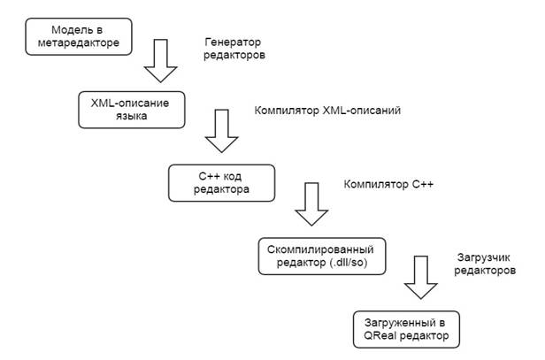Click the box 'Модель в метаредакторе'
coord(79,36)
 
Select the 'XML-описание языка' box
coord(131,110)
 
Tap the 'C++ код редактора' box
coord(221,183)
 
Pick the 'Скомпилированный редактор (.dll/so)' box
coord(322,257)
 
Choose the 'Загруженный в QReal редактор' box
coord(406,329)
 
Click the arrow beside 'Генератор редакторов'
coord(161,61)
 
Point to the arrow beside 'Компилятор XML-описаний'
coord(222,131)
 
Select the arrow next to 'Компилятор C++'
coord(311,204)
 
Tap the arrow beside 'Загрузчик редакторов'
coord(421,278)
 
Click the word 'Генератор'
coord(233,42)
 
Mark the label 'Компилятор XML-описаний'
coord(327,111)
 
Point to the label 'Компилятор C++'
coord(388,184)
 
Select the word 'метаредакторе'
coord(79,43)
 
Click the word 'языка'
coord(131,116)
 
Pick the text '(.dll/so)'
coord(348,263)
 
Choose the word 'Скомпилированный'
coord(320,249)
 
